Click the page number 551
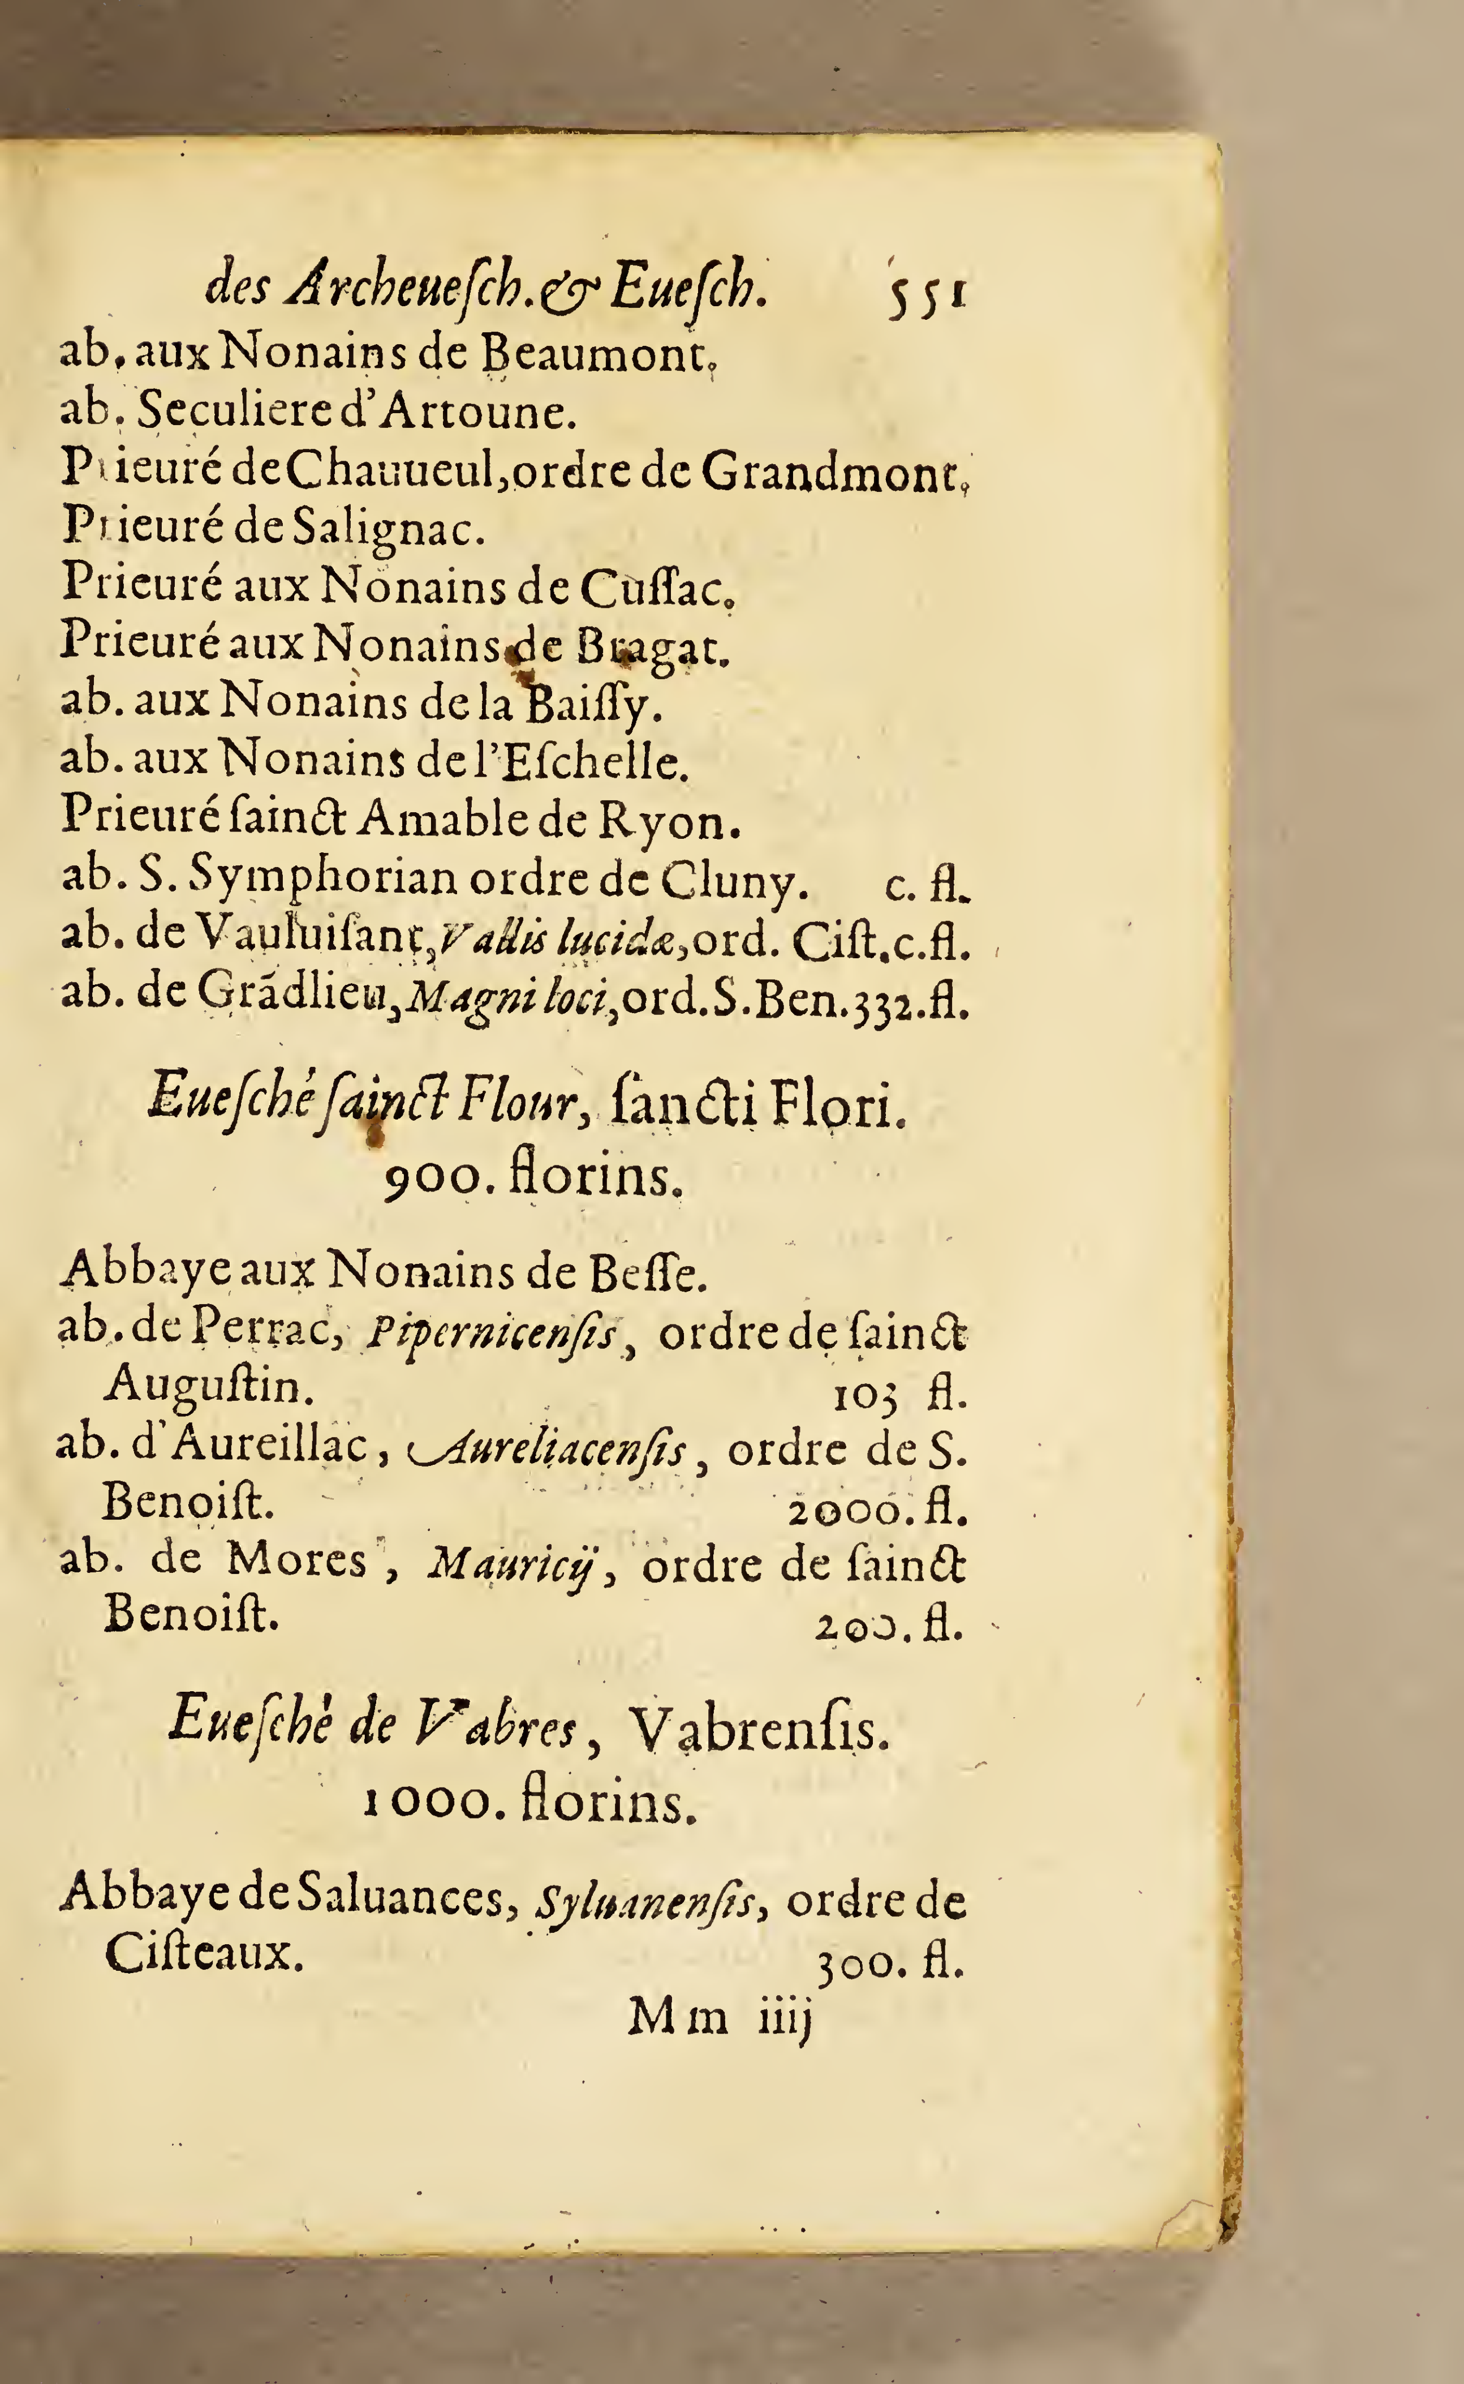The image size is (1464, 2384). point(925,290)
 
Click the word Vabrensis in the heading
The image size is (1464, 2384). point(758,1728)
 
